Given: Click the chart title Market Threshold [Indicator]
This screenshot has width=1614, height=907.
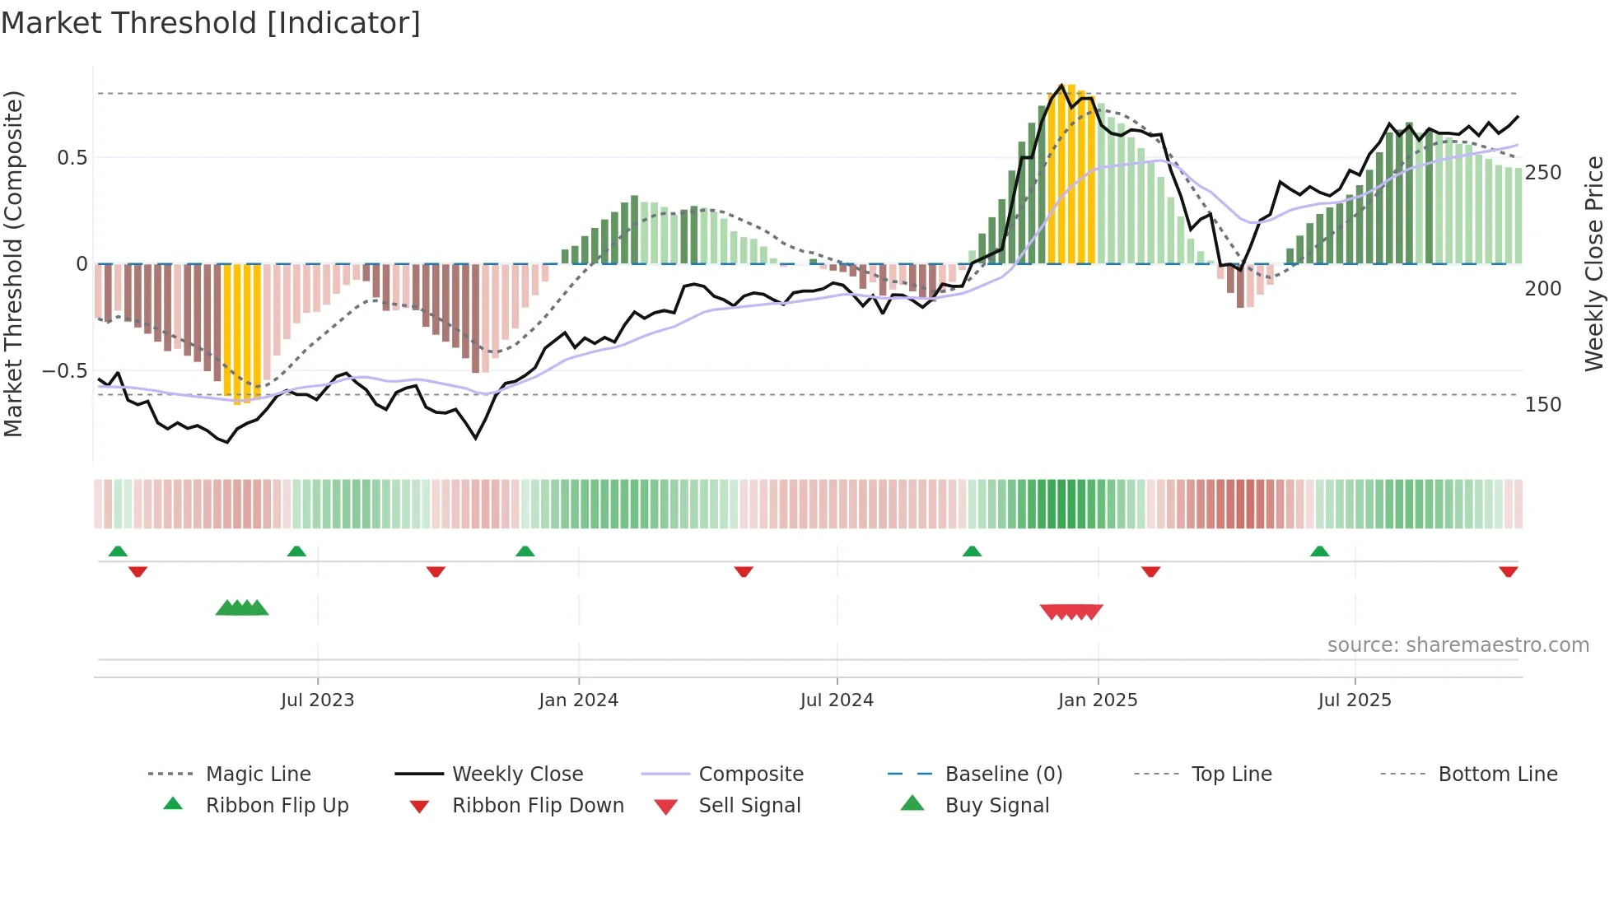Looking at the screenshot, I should coord(211,23).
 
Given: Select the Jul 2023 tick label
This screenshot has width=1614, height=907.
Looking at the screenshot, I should coord(317,700).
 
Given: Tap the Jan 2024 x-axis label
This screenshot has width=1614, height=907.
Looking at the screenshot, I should coord(578,700).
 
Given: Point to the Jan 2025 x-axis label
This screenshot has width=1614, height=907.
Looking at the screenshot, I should coord(1097,700).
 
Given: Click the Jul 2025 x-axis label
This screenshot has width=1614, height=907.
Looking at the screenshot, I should coord(1354,700).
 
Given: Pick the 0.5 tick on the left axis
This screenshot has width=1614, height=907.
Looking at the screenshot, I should coord(72,158).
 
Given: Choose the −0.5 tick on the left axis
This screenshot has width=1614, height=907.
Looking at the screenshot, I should coord(64,371).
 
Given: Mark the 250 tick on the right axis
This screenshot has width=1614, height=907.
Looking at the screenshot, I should coord(1542,173).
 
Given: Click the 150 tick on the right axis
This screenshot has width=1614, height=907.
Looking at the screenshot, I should coord(1542,405).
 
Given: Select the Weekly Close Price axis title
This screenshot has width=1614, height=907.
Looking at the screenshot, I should coord(1594,263).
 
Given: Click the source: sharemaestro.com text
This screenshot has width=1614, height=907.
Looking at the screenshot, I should coord(1458,645).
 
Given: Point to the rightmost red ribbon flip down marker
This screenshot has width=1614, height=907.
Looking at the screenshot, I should coord(1508,571).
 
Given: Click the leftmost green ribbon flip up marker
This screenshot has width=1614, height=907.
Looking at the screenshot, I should coord(118,551).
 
